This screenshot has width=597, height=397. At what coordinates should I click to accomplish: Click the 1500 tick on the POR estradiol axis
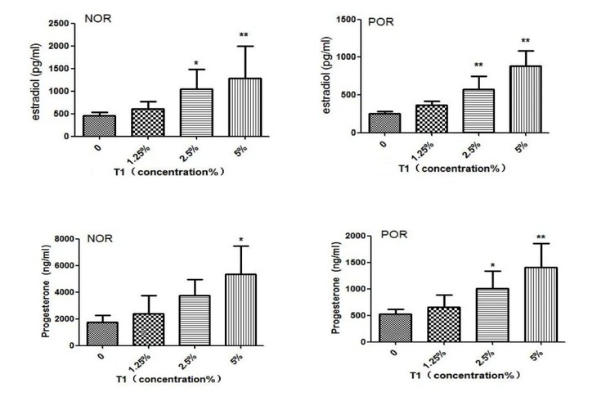344,19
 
